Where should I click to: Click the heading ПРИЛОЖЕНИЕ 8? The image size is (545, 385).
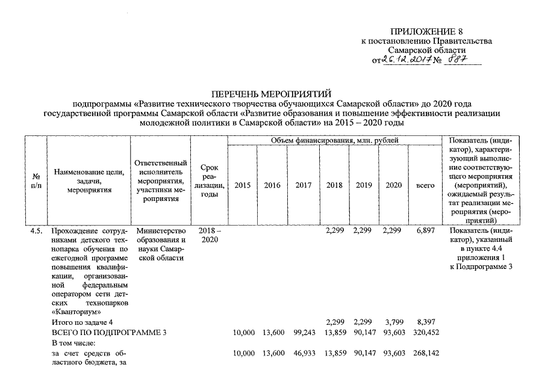426,31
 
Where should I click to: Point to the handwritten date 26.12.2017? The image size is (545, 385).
406,60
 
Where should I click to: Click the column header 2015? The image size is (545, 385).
242,186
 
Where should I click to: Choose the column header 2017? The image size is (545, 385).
304,186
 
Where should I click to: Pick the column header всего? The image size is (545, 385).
425,186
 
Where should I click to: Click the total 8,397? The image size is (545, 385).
425,322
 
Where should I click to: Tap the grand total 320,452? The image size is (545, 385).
425,333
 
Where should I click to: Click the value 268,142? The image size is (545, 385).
425,353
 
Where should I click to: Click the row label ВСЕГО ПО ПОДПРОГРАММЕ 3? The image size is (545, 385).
108,333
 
